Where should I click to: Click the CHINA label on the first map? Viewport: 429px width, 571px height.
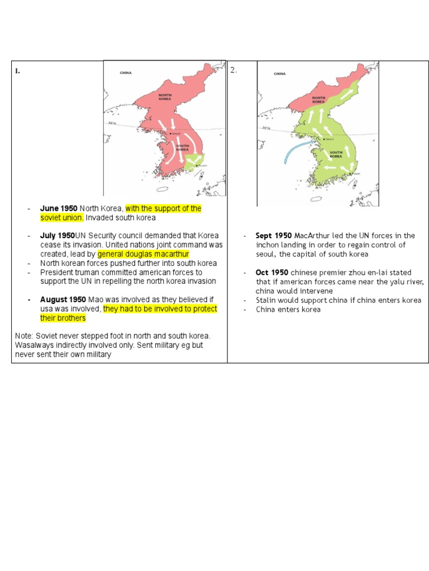(x=126, y=73)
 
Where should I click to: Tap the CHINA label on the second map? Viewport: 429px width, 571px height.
(x=279, y=74)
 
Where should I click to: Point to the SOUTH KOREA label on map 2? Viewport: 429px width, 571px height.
(x=336, y=153)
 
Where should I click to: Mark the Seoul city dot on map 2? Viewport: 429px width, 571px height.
(x=322, y=139)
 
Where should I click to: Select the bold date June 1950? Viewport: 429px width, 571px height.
(x=59, y=209)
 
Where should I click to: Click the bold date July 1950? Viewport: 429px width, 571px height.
(x=58, y=235)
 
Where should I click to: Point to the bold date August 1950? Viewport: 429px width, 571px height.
(x=63, y=300)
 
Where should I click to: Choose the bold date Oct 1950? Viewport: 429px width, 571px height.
(x=272, y=272)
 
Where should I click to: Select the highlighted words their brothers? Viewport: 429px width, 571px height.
(x=63, y=318)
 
